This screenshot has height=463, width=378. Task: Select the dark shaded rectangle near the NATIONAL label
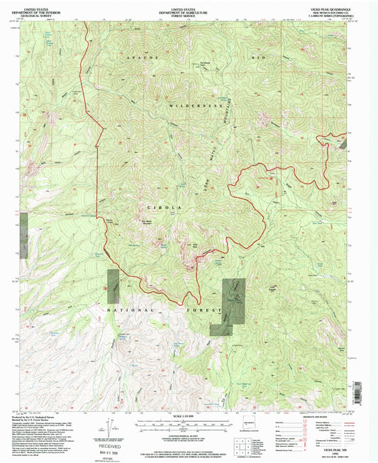pos(113,286)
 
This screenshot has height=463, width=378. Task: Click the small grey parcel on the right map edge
pos(345,143)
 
